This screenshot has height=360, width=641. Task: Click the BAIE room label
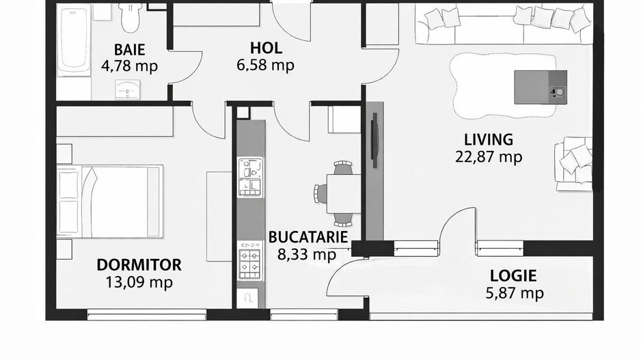click(128, 49)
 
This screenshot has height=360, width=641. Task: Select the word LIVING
click(488, 140)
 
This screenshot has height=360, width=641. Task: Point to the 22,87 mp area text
click(488, 157)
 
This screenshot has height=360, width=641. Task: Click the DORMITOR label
click(139, 265)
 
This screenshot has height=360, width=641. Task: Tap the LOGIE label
click(513, 277)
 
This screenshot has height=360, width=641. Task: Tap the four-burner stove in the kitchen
click(250, 262)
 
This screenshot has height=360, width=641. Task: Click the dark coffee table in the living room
click(540, 86)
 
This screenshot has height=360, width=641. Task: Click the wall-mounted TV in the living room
click(373, 143)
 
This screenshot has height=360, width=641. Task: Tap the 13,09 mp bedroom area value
click(139, 282)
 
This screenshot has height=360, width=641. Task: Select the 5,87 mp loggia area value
click(513, 294)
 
